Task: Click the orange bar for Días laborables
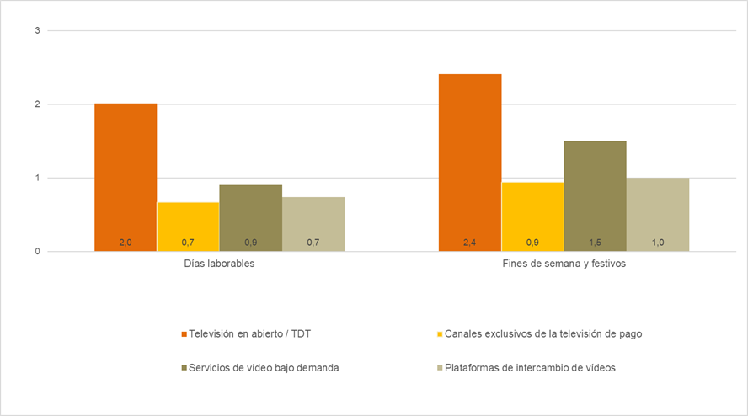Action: [x=126, y=177]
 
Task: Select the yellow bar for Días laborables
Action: [x=188, y=226]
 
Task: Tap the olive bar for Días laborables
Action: [x=250, y=217]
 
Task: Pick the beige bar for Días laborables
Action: [x=313, y=223]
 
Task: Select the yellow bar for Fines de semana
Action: [x=532, y=216]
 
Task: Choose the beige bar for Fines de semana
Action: [x=658, y=214]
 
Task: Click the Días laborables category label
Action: [x=219, y=264]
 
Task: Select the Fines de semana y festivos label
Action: [x=564, y=264]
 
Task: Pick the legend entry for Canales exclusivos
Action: [x=542, y=333]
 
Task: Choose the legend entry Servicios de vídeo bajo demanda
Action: [x=263, y=367]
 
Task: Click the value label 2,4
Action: [x=470, y=243]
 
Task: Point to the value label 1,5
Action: [x=595, y=243]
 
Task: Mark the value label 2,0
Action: [x=126, y=243]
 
